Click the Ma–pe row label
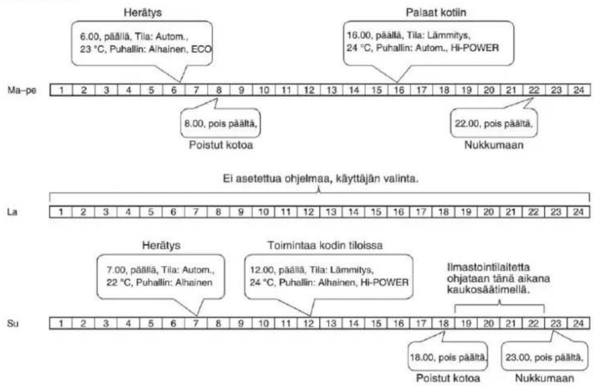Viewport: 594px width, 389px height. point(22,90)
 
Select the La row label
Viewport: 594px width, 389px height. point(13,212)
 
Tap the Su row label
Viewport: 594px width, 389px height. point(13,324)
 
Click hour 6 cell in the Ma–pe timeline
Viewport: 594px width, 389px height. point(174,90)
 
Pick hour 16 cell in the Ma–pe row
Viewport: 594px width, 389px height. point(399,90)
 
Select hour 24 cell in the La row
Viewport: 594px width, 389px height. point(578,212)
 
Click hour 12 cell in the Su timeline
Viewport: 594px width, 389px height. point(309,323)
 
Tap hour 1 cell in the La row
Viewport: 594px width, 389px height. point(61,212)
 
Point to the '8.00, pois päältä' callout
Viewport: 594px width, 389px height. point(220,123)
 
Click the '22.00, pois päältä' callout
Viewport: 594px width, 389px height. point(494,123)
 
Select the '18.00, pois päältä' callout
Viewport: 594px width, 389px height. point(448,356)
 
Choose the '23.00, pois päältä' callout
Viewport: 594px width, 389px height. point(544,356)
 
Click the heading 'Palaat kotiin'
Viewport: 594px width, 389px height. point(436,13)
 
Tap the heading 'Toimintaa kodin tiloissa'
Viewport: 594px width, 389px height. point(325,245)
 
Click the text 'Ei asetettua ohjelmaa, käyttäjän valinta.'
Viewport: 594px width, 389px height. point(321,178)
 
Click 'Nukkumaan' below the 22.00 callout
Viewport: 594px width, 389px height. point(494,145)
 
